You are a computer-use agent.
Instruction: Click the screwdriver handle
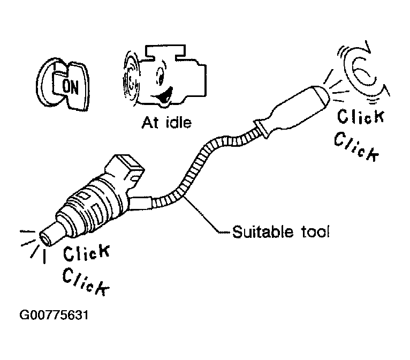pos(291,110)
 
